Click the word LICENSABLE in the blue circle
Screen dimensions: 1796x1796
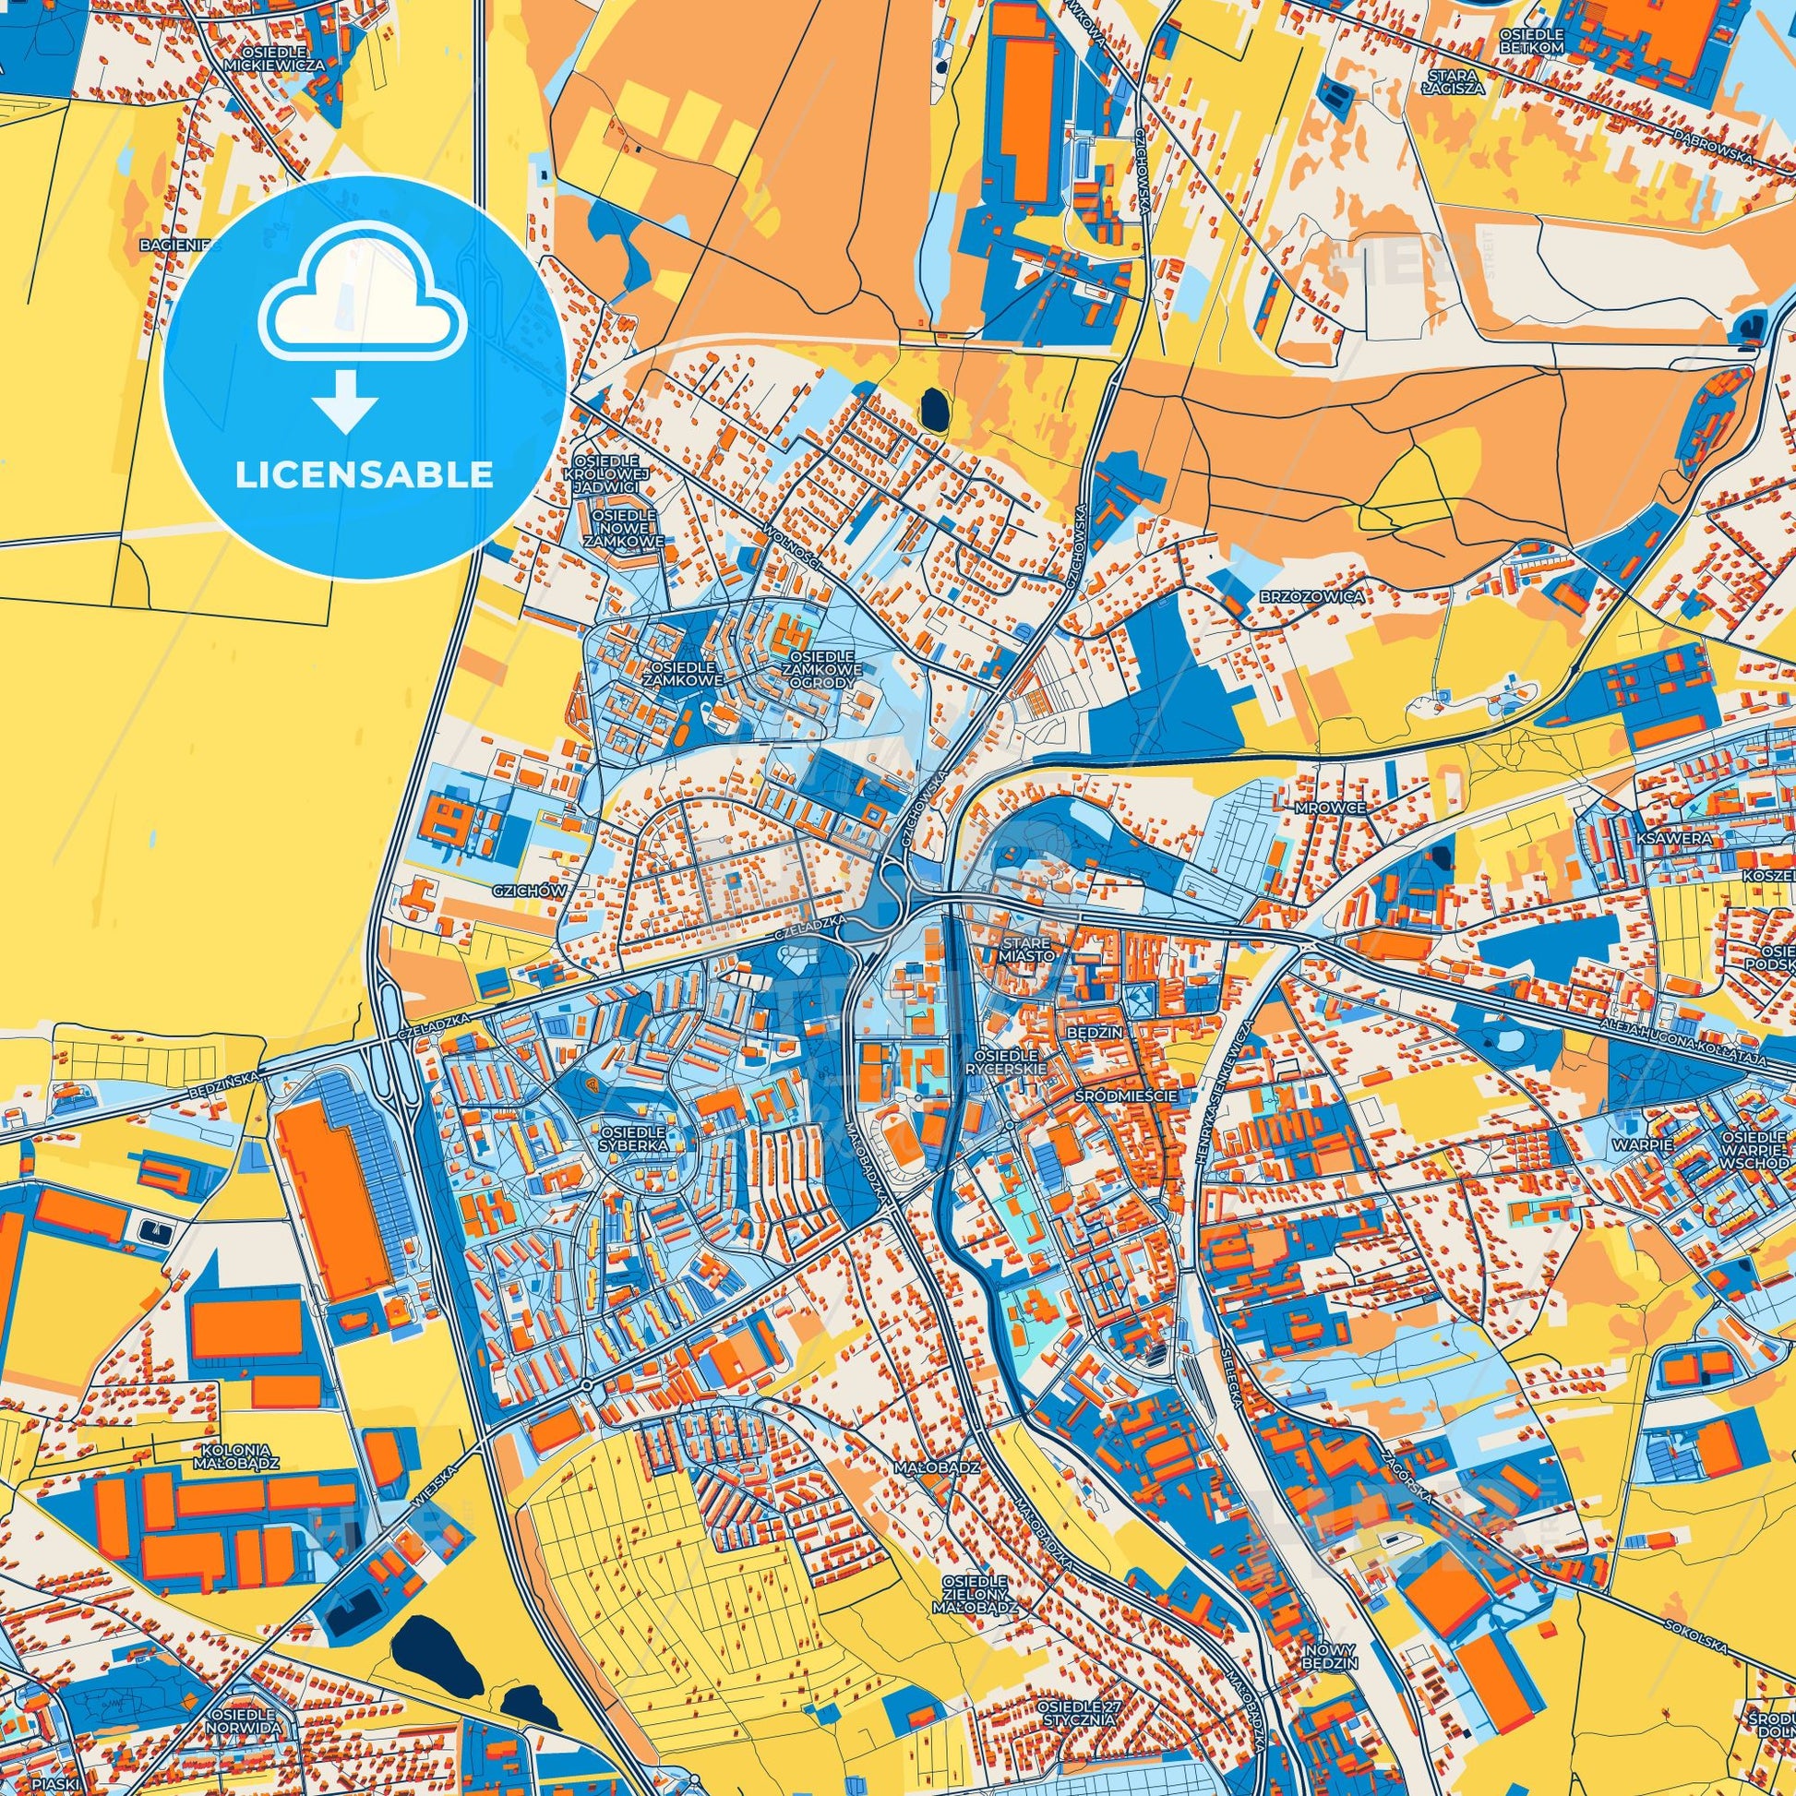point(365,475)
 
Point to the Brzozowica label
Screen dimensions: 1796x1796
point(1325,595)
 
